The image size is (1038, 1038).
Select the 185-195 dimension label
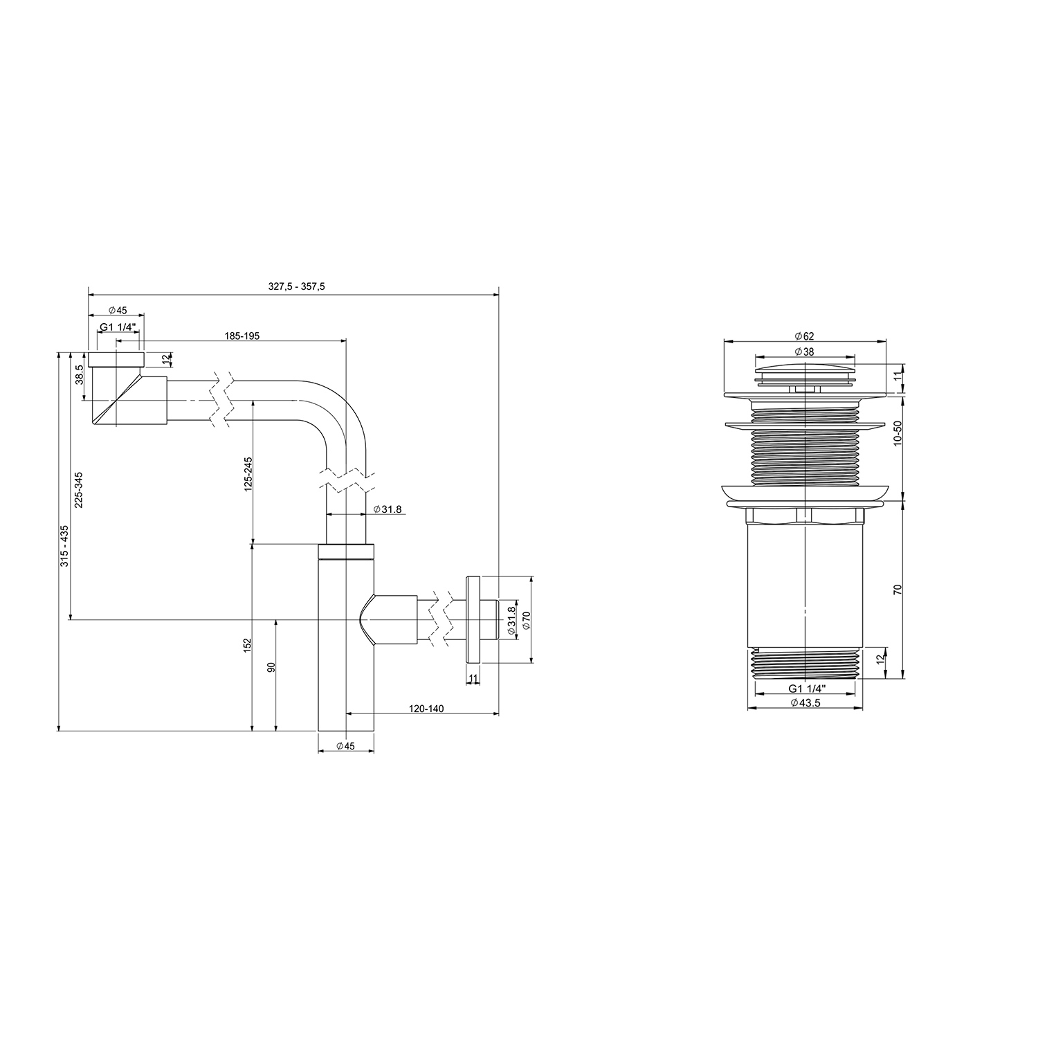(x=242, y=336)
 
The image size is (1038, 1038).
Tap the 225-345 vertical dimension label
(x=78, y=490)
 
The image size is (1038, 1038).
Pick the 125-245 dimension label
(x=248, y=474)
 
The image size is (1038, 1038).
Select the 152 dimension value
(x=247, y=644)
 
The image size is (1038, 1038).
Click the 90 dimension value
(x=271, y=668)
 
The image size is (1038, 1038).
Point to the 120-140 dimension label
(x=426, y=709)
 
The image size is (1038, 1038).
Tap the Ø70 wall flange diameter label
(x=526, y=619)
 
